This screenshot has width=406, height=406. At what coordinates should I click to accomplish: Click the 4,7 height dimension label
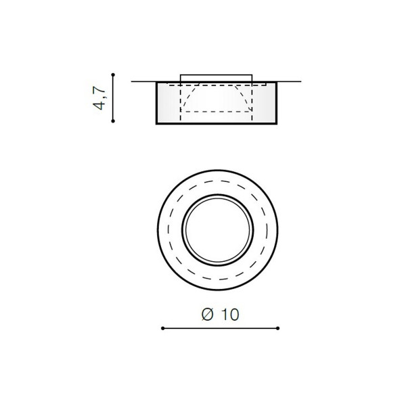click(99, 97)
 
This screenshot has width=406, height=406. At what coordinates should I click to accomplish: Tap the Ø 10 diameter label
click(221, 315)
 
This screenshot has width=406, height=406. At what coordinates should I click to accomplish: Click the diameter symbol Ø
click(208, 315)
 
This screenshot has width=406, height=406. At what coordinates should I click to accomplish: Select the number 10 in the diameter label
click(230, 315)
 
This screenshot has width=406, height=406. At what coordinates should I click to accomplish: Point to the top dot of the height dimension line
click(113, 75)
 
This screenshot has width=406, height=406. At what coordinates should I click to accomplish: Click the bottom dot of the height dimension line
click(113, 121)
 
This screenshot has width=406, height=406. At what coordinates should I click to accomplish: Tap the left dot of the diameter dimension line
click(162, 328)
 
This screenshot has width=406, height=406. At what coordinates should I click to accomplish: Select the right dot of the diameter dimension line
click(278, 328)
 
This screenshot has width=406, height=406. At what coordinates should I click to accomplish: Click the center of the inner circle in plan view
click(218, 230)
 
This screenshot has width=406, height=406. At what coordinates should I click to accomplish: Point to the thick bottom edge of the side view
click(217, 124)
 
